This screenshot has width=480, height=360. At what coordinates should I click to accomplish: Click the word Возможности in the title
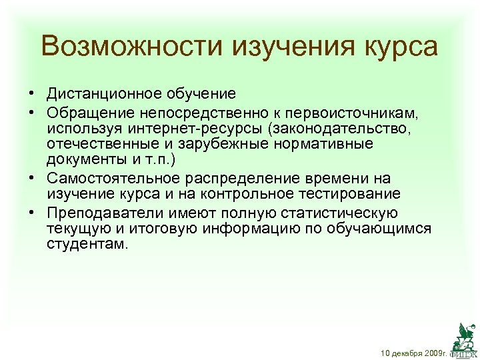click(131, 47)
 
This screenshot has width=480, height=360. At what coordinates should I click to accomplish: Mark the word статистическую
click(336, 212)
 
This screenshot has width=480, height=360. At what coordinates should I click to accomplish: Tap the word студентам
click(85, 246)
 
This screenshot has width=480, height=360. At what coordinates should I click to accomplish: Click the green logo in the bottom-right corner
click(465, 337)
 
